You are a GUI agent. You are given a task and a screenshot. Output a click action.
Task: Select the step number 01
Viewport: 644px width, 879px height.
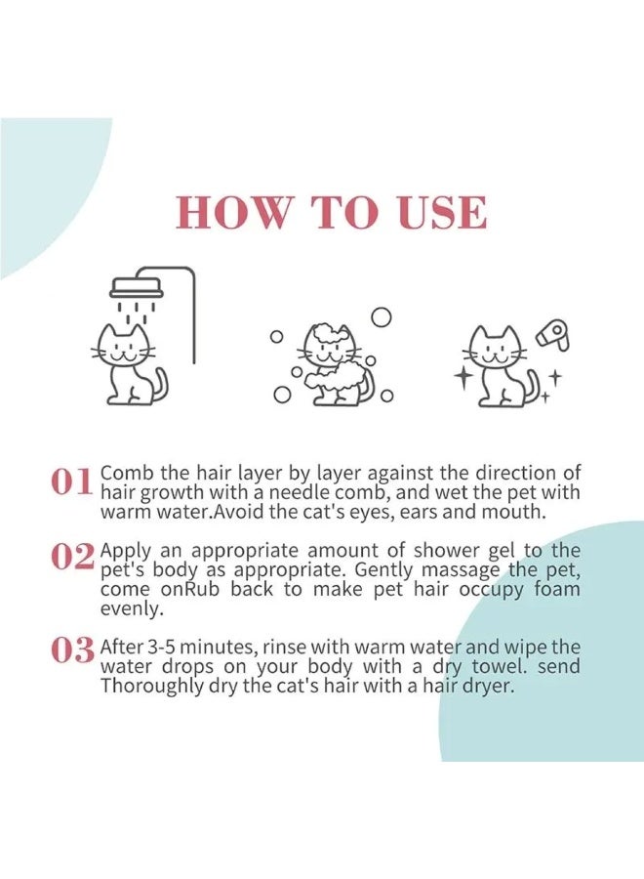tap(71, 481)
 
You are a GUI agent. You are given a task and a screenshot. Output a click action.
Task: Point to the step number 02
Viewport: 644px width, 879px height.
tap(72, 556)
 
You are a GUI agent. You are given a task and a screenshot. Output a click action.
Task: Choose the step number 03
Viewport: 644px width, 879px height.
tap(72, 649)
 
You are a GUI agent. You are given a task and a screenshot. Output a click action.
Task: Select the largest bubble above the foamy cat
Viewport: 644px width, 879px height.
tap(382, 316)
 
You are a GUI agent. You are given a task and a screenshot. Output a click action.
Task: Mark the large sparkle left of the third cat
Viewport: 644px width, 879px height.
tap(464, 378)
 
